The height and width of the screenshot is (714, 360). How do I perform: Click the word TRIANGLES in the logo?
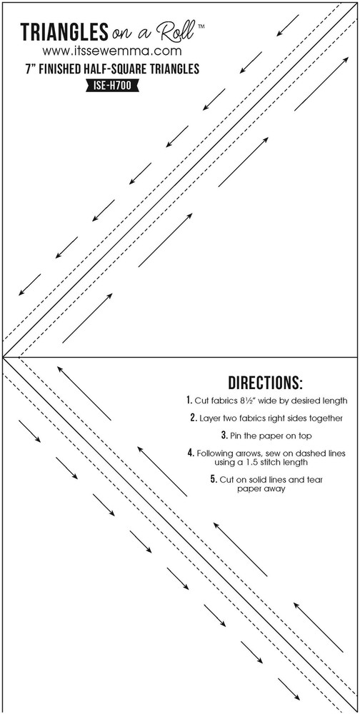(64, 33)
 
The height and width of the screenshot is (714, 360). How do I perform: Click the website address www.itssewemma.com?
(112, 51)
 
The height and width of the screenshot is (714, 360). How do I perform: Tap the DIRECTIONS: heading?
(265, 383)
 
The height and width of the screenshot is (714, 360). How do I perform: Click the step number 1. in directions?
(189, 401)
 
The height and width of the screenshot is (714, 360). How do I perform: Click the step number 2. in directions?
(194, 418)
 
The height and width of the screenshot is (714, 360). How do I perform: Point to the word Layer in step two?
(209, 418)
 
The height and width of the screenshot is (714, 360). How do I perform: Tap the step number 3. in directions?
(225, 436)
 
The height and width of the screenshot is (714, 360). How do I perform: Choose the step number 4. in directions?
(191, 453)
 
